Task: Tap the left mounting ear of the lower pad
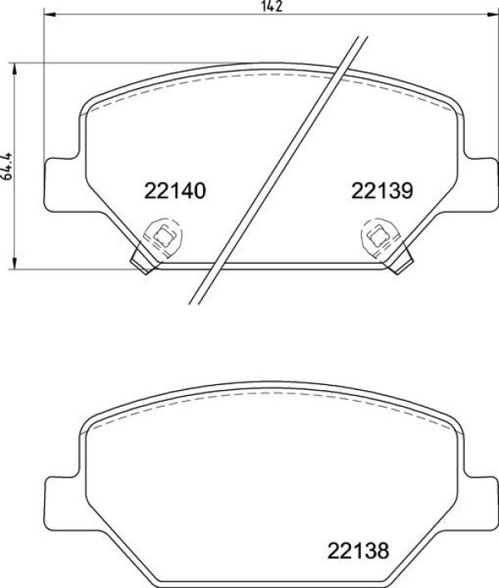(57, 500)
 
